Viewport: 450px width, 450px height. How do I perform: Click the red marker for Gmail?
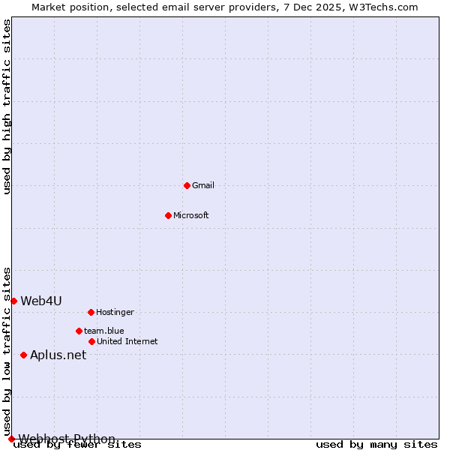tap(187, 185)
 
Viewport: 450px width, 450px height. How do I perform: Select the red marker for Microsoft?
tap(168, 215)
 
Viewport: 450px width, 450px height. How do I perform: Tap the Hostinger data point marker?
tap(91, 312)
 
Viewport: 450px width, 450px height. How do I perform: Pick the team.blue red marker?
tap(79, 331)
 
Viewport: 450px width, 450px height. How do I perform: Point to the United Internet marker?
tap(91, 341)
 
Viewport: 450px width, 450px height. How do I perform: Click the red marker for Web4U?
tap(13, 301)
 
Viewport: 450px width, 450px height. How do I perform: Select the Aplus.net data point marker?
tap(23, 355)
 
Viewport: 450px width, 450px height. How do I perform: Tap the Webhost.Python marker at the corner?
tap(11, 439)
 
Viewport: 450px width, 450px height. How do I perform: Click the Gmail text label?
tap(203, 185)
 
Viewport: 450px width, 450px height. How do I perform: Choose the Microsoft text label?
tap(191, 215)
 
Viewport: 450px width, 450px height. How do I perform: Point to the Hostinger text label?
tap(115, 312)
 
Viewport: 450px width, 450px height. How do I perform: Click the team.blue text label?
tap(104, 331)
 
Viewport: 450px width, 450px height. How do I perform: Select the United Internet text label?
tap(127, 341)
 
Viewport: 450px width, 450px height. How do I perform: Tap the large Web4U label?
tap(41, 301)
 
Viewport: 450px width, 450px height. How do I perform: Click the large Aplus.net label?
tap(58, 355)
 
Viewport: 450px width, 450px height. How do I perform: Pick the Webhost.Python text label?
tap(67, 439)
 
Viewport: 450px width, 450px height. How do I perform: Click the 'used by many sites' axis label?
tap(376, 445)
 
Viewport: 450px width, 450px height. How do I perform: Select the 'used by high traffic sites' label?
tap(7, 106)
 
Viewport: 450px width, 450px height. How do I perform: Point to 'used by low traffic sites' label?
tap(7, 350)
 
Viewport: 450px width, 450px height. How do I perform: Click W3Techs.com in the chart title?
tap(381, 7)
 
